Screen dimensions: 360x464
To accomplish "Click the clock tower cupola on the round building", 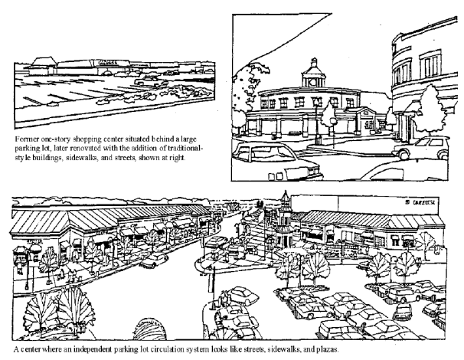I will click(x=312, y=73).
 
